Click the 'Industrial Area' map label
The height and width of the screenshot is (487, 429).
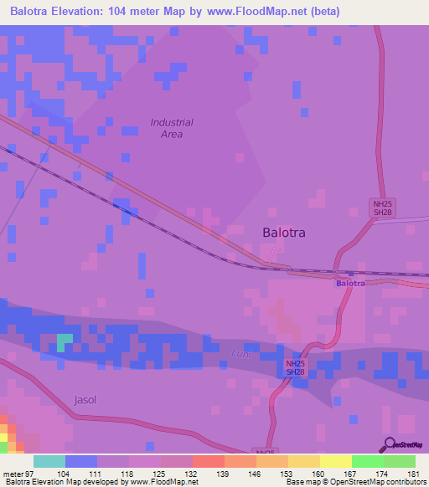172,128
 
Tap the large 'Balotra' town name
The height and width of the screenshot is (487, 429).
284,233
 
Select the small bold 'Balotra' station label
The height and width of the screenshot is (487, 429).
351,284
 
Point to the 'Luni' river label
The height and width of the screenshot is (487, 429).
240,355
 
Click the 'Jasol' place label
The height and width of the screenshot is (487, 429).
85,400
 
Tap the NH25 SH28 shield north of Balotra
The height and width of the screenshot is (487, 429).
383,208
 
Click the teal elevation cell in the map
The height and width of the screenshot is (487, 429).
64,343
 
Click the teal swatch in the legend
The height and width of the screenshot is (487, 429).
49,462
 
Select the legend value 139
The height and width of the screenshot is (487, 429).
222,474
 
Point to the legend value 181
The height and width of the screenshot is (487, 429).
412,474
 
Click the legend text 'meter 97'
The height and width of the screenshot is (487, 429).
18,474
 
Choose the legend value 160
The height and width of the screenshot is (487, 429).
317,474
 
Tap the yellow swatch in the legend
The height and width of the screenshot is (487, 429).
335,462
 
